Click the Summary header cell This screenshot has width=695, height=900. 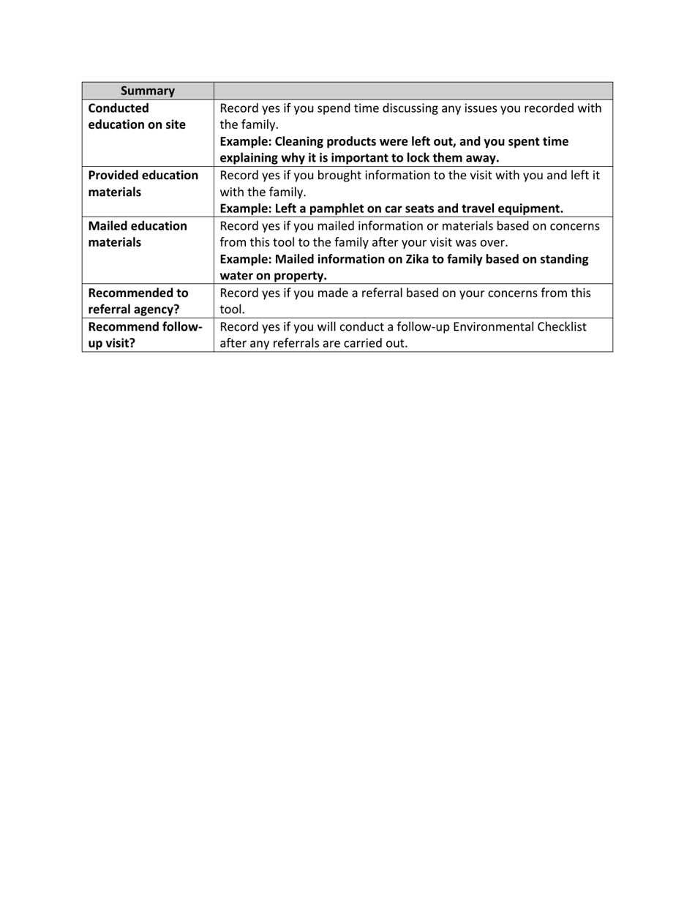click(147, 91)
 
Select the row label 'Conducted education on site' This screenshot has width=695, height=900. click(137, 116)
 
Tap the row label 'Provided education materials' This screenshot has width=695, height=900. click(143, 184)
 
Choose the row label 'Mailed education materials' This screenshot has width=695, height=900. click(138, 234)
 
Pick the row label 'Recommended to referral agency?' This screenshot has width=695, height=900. click(138, 301)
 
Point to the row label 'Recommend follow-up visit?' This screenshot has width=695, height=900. click(145, 334)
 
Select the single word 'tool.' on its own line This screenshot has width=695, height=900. click(233, 310)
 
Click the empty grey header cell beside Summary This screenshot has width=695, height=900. click(413, 91)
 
